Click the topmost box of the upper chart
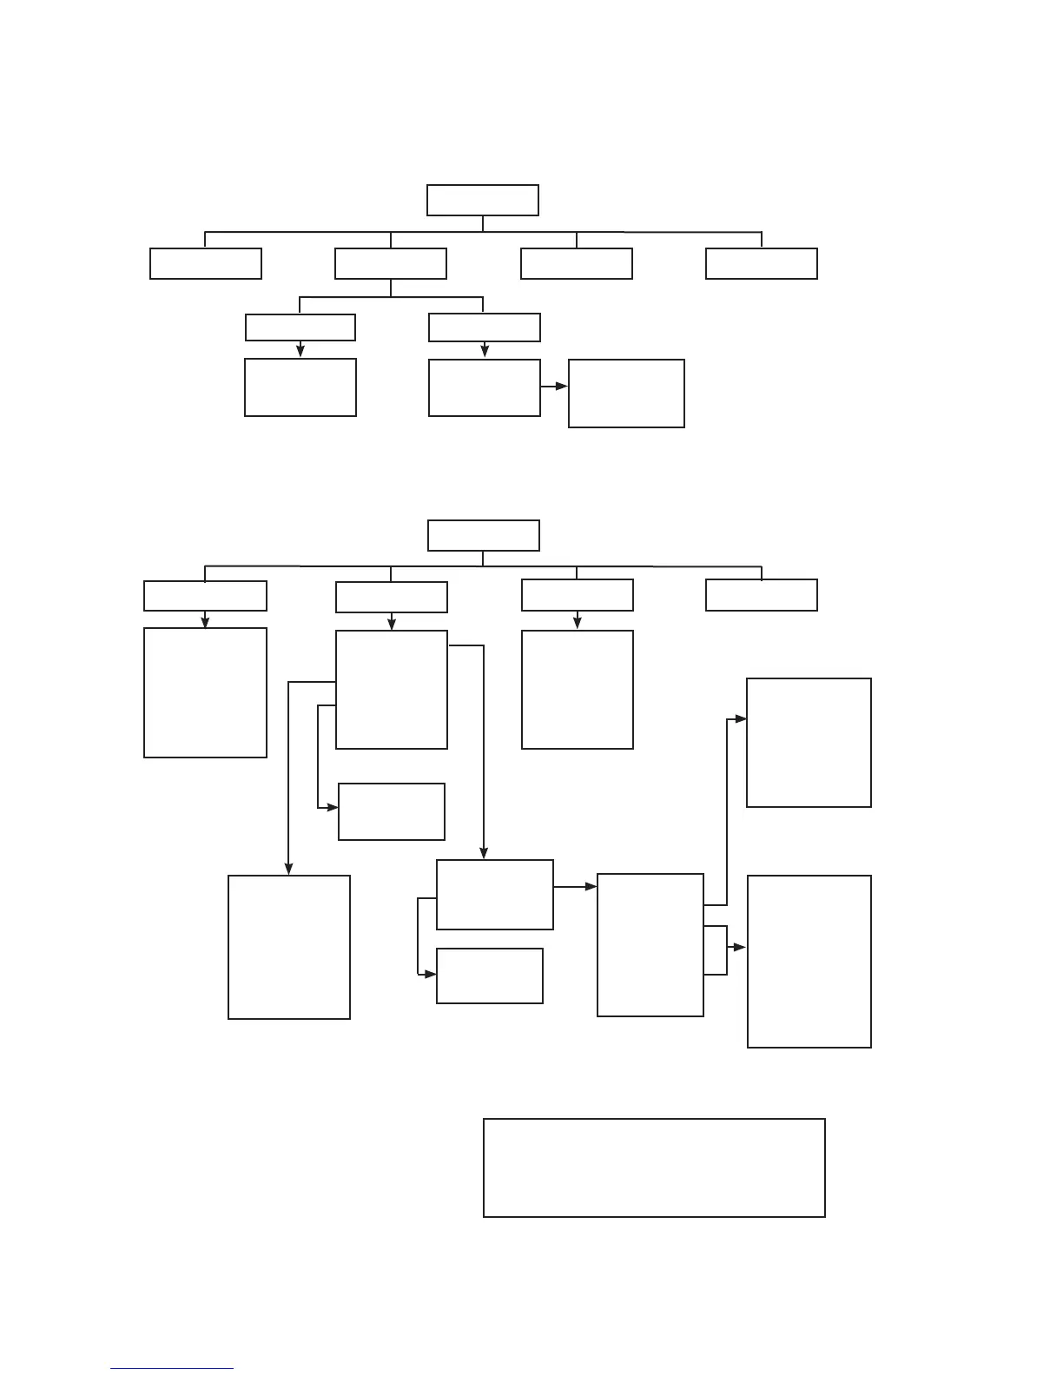click(x=482, y=200)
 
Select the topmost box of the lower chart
click(x=483, y=535)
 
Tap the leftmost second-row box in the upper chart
click(x=205, y=263)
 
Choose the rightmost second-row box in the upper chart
click(x=761, y=263)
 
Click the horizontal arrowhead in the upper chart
click(x=561, y=386)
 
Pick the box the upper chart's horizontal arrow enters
click(x=626, y=394)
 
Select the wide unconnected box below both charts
click(x=653, y=1168)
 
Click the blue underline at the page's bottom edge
click(x=172, y=1369)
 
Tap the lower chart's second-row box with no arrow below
click(x=761, y=595)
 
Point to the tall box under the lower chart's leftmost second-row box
click(x=205, y=692)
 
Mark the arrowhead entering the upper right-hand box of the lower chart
click(x=741, y=719)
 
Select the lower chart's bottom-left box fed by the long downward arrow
click(x=288, y=947)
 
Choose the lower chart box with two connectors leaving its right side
click(x=650, y=944)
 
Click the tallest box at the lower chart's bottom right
click(x=809, y=961)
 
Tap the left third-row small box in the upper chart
click(x=300, y=327)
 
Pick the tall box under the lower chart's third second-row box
click(x=577, y=689)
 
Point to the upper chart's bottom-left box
click(x=300, y=387)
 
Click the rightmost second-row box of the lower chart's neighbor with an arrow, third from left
click(x=577, y=595)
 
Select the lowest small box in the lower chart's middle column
click(x=489, y=976)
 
